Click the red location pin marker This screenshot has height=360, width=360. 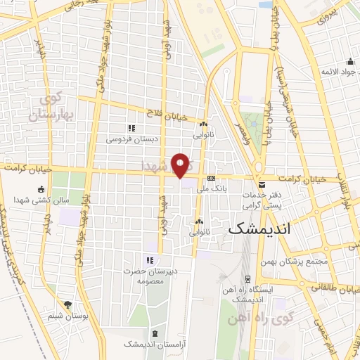[x=181, y=165]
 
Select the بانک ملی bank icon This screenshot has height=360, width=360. [x=210, y=178]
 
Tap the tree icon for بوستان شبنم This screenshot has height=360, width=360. [x=67, y=304]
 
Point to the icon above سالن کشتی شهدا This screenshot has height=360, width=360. [x=41, y=189]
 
